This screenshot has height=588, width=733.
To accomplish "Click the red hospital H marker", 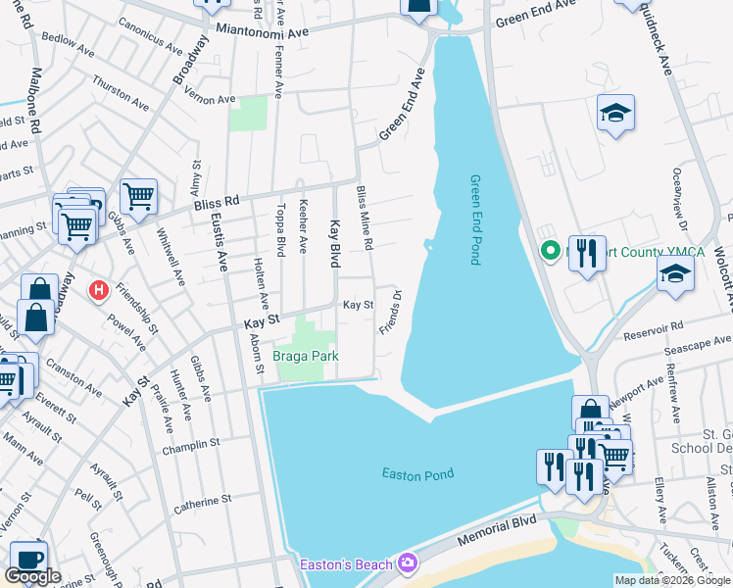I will pos(99,291).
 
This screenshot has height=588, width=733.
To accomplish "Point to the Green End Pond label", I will pos(475,220).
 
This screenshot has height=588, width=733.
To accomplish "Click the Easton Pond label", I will pos(417,474).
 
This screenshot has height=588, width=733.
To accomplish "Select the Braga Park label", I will pos(305,357).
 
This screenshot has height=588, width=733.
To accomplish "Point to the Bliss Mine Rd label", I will pos(365,217).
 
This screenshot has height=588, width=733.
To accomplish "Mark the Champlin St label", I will pos(192,445).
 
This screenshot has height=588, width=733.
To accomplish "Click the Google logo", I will pos(32,576).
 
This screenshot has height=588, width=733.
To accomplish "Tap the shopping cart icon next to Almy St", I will pos(138,196).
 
